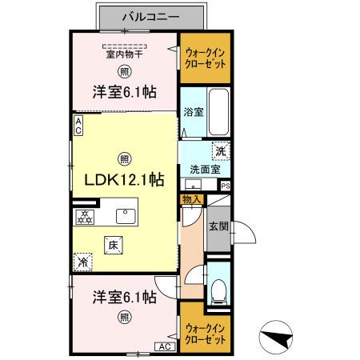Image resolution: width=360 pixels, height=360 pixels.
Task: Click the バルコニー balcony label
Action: click(x=150, y=15)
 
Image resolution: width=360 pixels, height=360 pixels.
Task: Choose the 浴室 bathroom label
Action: click(x=193, y=112)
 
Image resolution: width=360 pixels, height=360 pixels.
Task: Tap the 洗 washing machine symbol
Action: click(x=219, y=150)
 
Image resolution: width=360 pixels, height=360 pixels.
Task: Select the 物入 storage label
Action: click(x=192, y=200)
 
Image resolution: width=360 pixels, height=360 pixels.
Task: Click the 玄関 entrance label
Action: click(x=218, y=226)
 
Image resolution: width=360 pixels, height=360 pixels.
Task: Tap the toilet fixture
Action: click(x=218, y=293)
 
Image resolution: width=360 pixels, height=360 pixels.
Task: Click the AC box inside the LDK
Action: click(x=78, y=125)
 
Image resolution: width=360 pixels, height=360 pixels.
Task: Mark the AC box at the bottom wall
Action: click(x=163, y=346)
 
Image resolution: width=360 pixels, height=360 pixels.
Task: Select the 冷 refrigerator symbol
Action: click(x=83, y=261)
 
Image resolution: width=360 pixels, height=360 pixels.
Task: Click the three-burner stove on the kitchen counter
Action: click(x=85, y=217)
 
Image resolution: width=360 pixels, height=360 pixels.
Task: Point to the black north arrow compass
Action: click(x=277, y=338)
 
